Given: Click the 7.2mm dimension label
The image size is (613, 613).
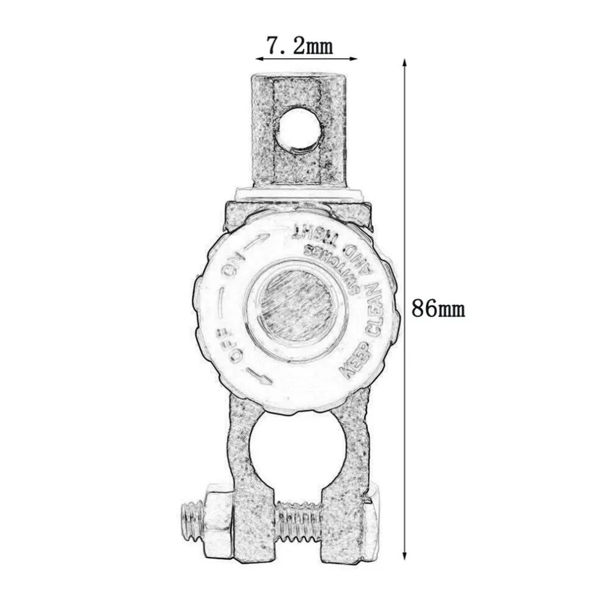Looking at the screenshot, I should (x=300, y=47).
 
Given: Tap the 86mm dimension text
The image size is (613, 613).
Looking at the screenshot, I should (x=438, y=308).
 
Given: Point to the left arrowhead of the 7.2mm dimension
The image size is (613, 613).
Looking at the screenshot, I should (x=259, y=59).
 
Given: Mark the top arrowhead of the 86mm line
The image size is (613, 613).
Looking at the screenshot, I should (x=404, y=63).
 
